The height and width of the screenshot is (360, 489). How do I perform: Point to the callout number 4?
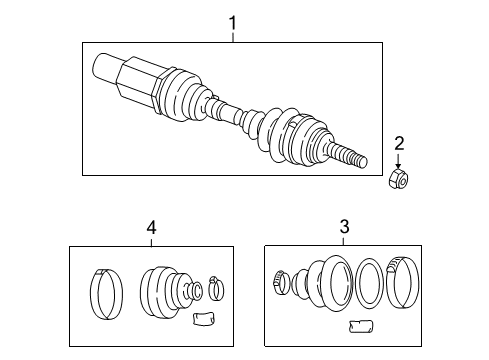point(151,227)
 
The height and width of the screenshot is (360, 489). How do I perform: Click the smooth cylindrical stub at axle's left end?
point(104,69)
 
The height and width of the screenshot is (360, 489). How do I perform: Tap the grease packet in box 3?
point(360,325)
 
